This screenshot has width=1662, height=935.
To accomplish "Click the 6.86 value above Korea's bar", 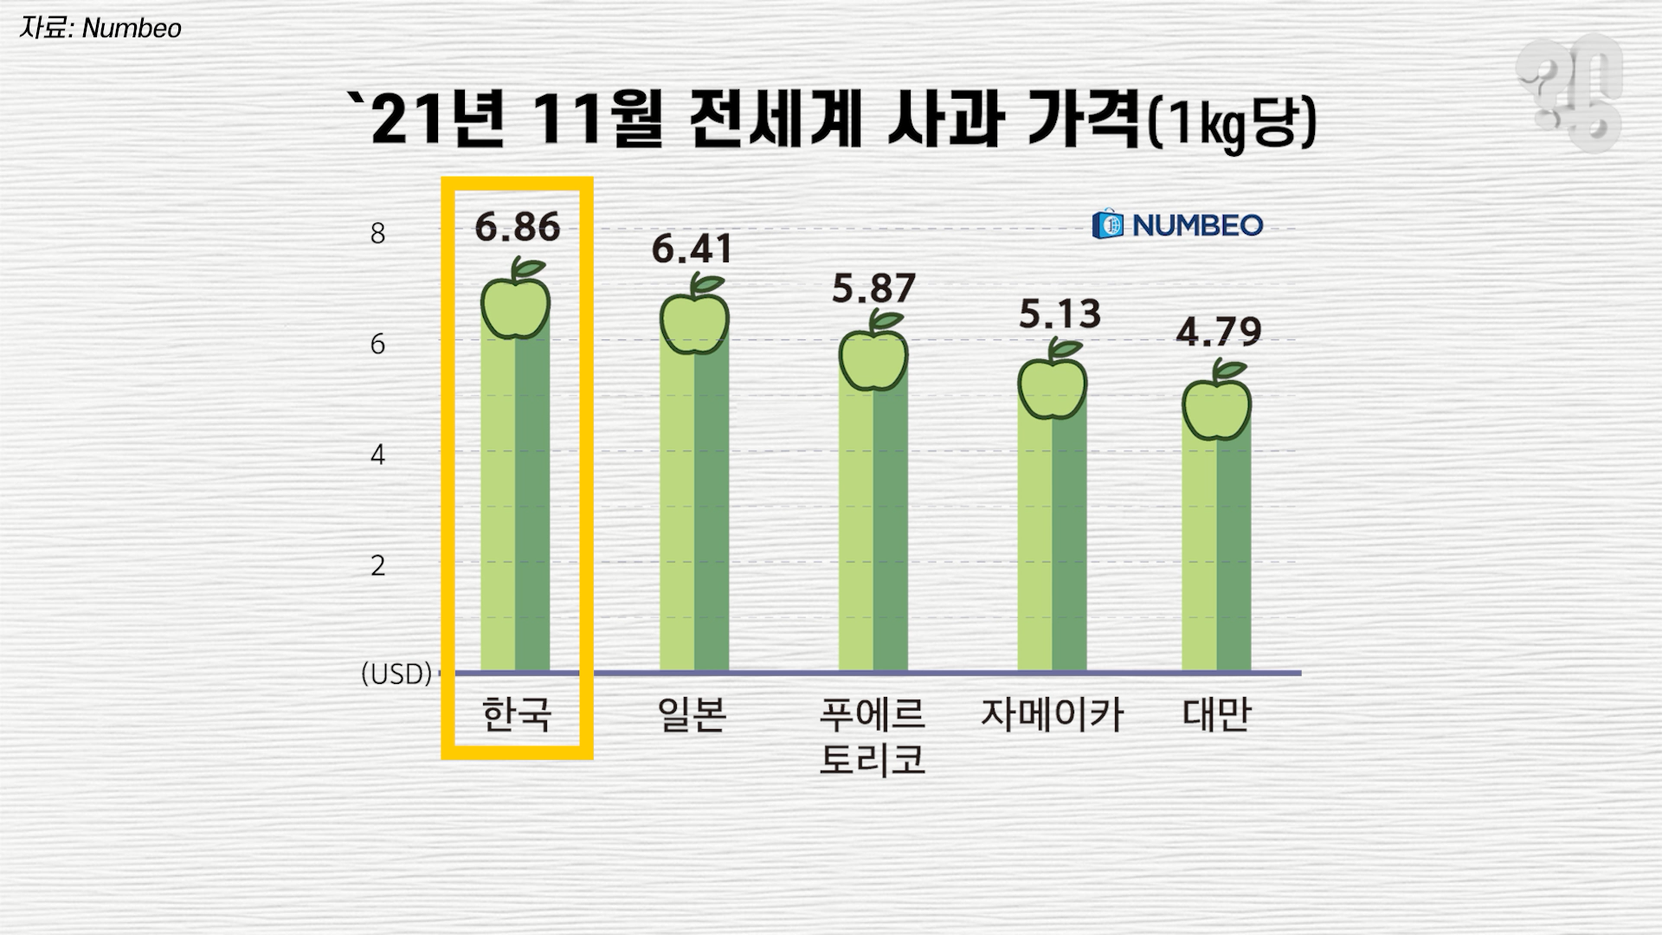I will click(518, 227).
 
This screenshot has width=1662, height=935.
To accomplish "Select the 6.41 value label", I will click(692, 249).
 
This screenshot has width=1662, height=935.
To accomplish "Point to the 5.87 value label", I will click(873, 289).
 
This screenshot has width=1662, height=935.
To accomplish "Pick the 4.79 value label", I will click(1218, 332).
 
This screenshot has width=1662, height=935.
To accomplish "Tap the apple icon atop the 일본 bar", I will click(694, 320).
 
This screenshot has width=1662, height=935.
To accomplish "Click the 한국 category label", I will click(517, 715).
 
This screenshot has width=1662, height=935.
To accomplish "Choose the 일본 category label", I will click(692, 715).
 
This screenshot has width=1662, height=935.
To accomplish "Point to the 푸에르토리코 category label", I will click(873, 736).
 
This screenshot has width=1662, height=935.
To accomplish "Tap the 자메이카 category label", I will click(1052, 715).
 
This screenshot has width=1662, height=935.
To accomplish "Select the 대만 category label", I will click(1217, 715).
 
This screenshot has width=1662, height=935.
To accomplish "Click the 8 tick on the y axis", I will click(377, 234).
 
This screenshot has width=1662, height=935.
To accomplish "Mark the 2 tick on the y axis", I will click(377, 566).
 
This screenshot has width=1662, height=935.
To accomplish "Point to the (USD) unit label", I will click(396, 674).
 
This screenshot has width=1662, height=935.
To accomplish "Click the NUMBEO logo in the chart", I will click(1177, 225).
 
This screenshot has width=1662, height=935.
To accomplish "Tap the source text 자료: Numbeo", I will click(100, 29).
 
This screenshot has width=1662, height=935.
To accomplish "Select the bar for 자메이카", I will click(1052, 537).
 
